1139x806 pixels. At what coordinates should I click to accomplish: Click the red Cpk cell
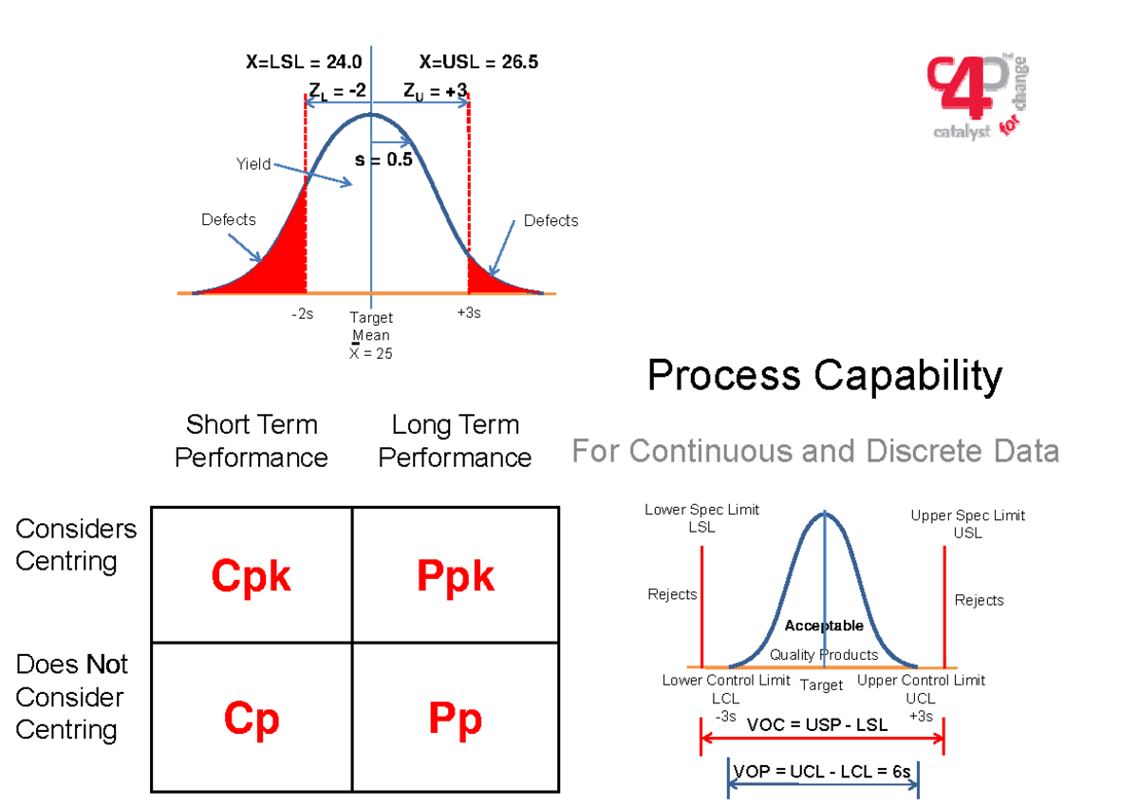[251, 575]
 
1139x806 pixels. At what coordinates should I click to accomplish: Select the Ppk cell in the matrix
[455, 575]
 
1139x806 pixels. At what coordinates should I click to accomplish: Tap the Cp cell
[251, 719]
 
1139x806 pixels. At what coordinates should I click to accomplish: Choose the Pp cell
[455, 719]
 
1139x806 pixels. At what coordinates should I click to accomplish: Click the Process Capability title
[824, 376]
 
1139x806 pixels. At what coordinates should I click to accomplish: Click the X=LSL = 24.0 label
[304, 63]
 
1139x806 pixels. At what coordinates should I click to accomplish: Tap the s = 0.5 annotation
[383, 159]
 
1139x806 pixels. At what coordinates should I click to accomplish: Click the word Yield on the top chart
[253, 164]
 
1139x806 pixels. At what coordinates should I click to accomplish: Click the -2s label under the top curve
[302, 314]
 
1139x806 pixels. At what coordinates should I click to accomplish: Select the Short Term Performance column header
[252, 440]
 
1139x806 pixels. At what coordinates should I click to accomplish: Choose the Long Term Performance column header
[455, 440]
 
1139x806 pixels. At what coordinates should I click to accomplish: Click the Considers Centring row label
[76, 544]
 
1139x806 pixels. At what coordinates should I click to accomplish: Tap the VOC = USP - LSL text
[817, 725]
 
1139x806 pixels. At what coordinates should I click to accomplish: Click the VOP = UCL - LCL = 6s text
[823, 771]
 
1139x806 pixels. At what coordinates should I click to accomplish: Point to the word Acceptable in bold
[824, 626]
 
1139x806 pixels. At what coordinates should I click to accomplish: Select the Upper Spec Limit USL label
[967, 523]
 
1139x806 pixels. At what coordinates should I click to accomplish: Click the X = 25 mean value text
[371, 353]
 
